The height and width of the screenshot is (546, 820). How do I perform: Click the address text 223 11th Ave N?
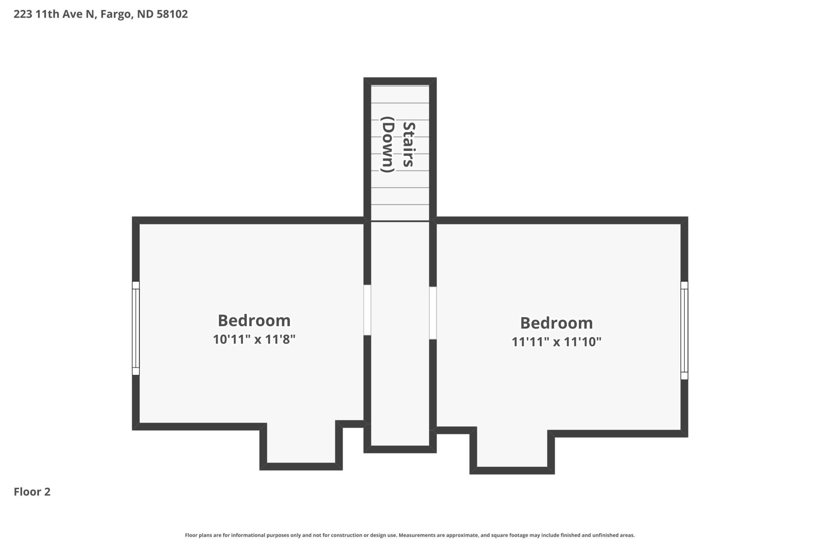click(54, 14)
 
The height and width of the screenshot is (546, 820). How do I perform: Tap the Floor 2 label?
click(32, 492)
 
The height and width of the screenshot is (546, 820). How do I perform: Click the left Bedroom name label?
click(254, 320)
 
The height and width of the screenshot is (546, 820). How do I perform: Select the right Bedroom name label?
click(556, 323)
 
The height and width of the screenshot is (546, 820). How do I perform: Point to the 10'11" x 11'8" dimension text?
click(254, 339)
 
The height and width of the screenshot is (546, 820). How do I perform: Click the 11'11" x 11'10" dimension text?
click(556, 342)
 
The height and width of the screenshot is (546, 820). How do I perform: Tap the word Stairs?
click(409, 145)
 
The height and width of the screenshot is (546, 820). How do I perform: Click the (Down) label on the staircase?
click(388, 145)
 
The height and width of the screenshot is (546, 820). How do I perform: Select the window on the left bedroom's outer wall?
click(136, 328)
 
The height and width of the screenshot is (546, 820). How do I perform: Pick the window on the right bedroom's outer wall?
click(684, 331)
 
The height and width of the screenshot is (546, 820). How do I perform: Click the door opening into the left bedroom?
click(367, 310)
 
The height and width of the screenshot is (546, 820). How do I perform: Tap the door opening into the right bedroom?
click(433, 313)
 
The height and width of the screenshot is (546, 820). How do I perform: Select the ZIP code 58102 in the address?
click(172, 14)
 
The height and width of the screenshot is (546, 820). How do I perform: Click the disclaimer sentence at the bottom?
click(410, 535)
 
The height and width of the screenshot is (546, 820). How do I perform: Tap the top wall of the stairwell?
click(400, 81)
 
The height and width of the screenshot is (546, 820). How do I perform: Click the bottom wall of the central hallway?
click(400, 449)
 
